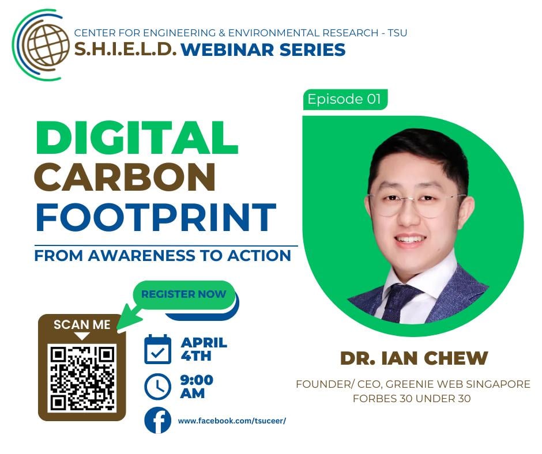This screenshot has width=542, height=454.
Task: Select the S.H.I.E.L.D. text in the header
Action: (x=125, y=50)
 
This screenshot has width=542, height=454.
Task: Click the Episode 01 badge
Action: (x=345, y=100)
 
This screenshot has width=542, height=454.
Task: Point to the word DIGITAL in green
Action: (x=137, y=138)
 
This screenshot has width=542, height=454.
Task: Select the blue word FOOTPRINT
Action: (x=156, y=217)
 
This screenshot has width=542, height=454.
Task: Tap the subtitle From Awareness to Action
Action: (x=163, y=256)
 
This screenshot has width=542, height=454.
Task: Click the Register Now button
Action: (x=183, y=294)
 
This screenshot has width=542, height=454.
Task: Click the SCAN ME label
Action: (x=82, y=325)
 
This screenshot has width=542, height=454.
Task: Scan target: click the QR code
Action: (x=82, y=378)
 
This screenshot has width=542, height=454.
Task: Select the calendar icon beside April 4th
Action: (x=157, y=349)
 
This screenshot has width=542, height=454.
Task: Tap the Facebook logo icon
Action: (x=157, y=420)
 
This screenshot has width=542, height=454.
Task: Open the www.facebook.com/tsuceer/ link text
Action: (x=232, y=421)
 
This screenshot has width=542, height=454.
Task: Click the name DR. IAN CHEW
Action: (x=414, y=358)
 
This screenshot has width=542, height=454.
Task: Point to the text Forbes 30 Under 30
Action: (x=412, y=398)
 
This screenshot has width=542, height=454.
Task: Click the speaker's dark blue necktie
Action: (x=399, y=301)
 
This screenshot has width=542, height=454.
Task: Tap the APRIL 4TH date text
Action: (x=204, y=349)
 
